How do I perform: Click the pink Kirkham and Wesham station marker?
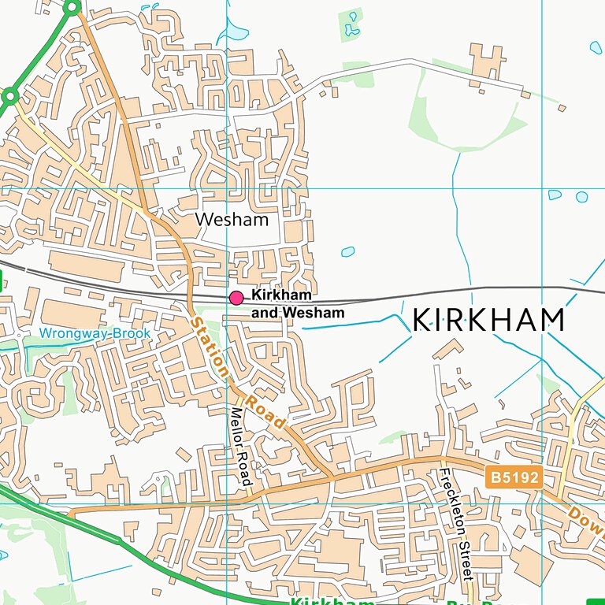(x=236, y=297)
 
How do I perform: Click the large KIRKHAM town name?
(x=488, y=320)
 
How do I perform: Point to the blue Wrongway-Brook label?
(x=95, y=334)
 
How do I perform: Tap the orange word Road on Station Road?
(x=265, y=412)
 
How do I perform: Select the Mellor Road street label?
(x=239, y=446)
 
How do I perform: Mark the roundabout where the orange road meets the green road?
(x=72, y=8)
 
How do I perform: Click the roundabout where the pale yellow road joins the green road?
(x=9, y=98)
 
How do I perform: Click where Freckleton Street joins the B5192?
(x=444, y=460)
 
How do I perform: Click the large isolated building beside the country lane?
(x=485, y=62)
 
